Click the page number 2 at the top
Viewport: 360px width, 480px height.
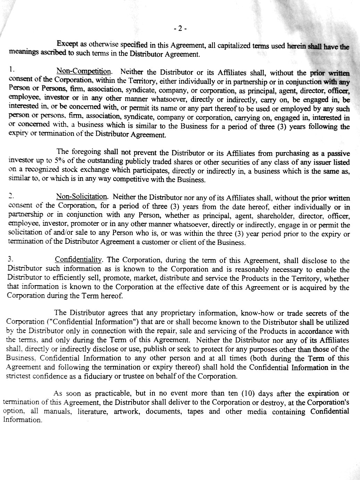click(180, 28)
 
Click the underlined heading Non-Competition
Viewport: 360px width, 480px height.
click(84, 72)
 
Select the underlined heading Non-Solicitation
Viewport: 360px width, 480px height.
click(82, 197)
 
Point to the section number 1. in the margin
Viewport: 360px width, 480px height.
click(12, 69)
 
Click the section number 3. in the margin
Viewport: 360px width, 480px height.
click(10, 259)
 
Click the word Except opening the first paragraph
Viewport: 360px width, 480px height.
click(68, 44)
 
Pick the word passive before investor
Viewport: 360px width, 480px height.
click(337, 153)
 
